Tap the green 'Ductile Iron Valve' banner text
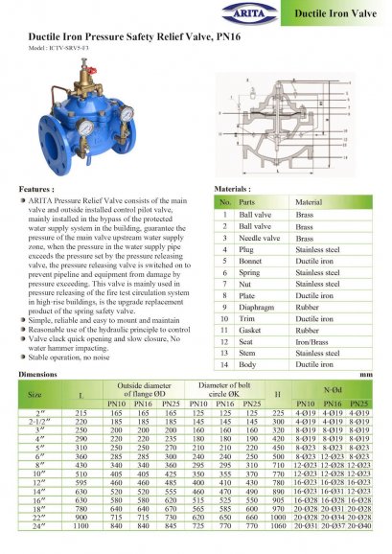point(336,16)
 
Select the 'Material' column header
point(309,202)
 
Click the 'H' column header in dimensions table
point(277,393)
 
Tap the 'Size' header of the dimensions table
point(35,393)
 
